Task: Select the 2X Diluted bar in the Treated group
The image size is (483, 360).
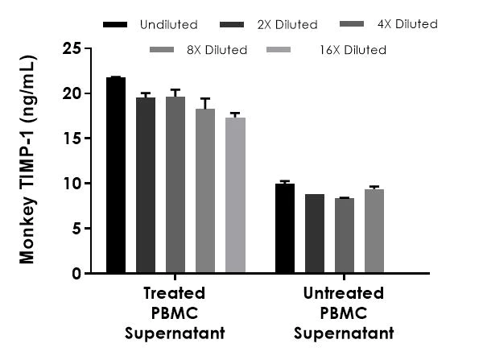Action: point(146,185)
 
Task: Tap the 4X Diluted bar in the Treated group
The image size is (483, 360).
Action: point(175,185)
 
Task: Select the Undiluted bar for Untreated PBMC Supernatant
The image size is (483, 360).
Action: point(285,229)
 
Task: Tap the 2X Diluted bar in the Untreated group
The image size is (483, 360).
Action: point(315,234)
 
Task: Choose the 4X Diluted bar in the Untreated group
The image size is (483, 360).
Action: point(345,236)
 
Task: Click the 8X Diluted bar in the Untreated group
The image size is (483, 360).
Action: point(374,231)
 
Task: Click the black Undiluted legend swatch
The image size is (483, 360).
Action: point(115,24)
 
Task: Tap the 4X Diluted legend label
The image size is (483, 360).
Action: point(409,24)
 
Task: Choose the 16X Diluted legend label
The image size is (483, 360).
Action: point(352,50)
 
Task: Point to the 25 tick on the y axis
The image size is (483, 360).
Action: point(72,48)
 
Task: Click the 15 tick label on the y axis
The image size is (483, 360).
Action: point(72,139)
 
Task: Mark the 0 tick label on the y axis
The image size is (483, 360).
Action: point(76,274)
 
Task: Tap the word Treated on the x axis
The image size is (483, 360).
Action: point(174,293)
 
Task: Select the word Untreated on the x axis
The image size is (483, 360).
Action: point(344,293)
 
